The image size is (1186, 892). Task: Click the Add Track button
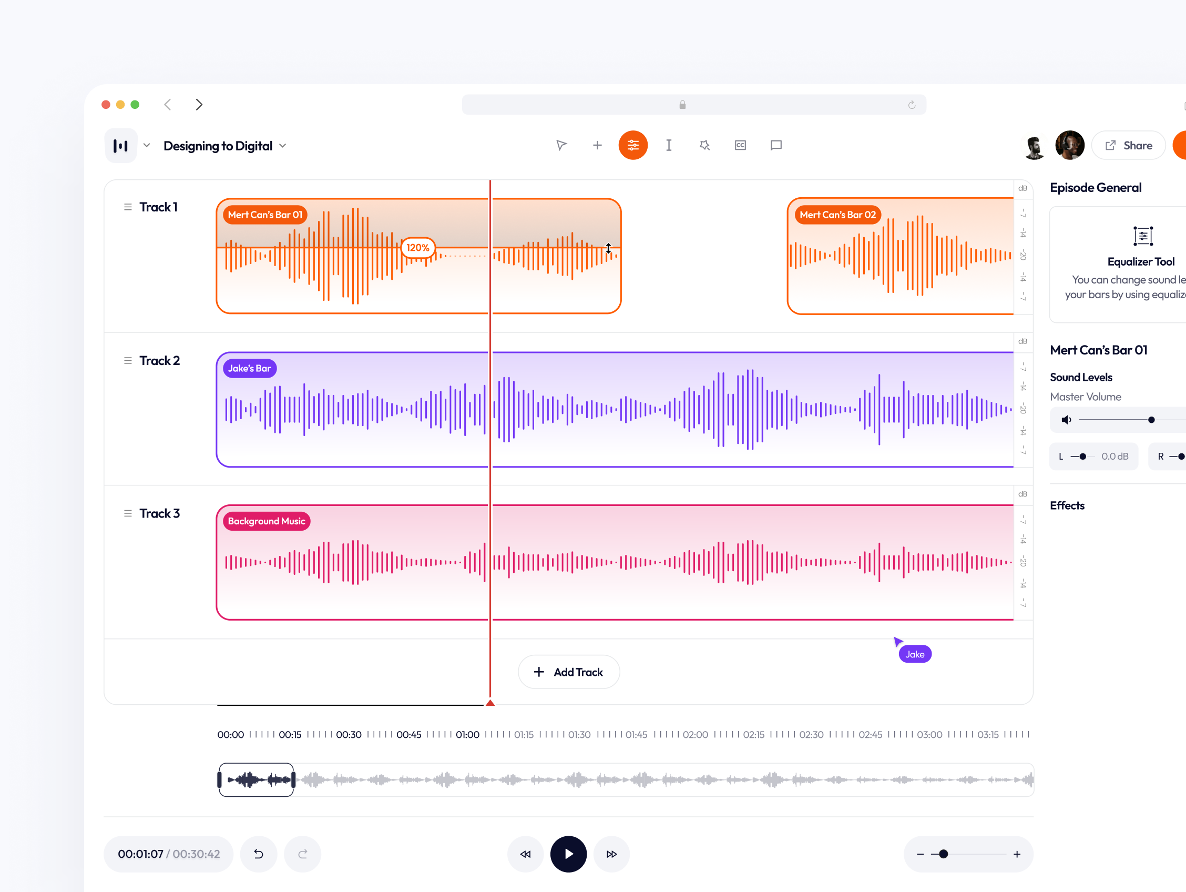(x=569, y=672)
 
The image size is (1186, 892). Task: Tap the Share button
(x=1129, y=145)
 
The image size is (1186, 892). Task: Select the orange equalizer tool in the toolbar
(x=632, y=145)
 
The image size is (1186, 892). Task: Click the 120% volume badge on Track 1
(x=417, y=248)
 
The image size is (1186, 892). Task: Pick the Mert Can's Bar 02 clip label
(x=837, y=215)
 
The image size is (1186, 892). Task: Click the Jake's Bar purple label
(x=249, y=369)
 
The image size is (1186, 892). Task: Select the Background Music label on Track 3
(x=267, y=521)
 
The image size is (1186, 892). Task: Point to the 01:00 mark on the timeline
(x=467, y=735)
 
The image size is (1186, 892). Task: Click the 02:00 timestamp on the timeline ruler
(x=696, y=735)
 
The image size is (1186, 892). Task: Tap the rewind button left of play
(x=525, y=855)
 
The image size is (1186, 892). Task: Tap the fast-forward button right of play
(x=612, y=855)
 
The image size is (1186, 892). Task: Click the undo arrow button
(x=259, y=855)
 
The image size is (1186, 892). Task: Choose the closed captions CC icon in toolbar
(x=740, y=145)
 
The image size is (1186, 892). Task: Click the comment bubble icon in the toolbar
(x=776, y=145)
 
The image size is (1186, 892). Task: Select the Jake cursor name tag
(x=915, y=654)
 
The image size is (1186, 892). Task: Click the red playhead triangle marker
(x=490, y=703)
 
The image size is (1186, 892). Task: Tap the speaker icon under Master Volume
(x=1067, y=420)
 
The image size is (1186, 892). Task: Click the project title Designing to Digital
(x=218, y=146)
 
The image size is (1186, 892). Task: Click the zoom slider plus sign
(x=1017, y=855)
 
